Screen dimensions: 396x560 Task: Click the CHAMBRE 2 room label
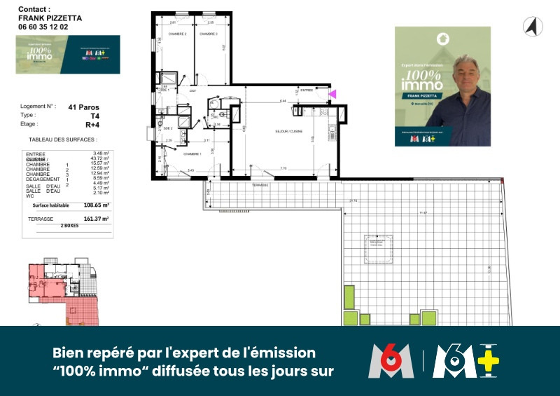tap(176, 34)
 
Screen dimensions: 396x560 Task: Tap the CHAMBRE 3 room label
tap(208, 34)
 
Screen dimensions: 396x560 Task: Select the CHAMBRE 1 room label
tap(192, 154)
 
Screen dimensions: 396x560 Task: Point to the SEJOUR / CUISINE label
tap(288, 131)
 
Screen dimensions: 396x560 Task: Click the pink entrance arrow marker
tap(332, 93)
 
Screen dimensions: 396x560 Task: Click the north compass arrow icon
tap(533, 27)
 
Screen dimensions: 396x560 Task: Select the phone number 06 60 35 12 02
tap(43, 27)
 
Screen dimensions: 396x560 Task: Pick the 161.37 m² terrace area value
tap(97, 219)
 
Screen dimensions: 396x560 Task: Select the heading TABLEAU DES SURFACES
tap(58, 139)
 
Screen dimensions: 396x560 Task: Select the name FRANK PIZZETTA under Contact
tap(50, 18)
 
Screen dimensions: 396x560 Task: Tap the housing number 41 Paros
tap(83, 107)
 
